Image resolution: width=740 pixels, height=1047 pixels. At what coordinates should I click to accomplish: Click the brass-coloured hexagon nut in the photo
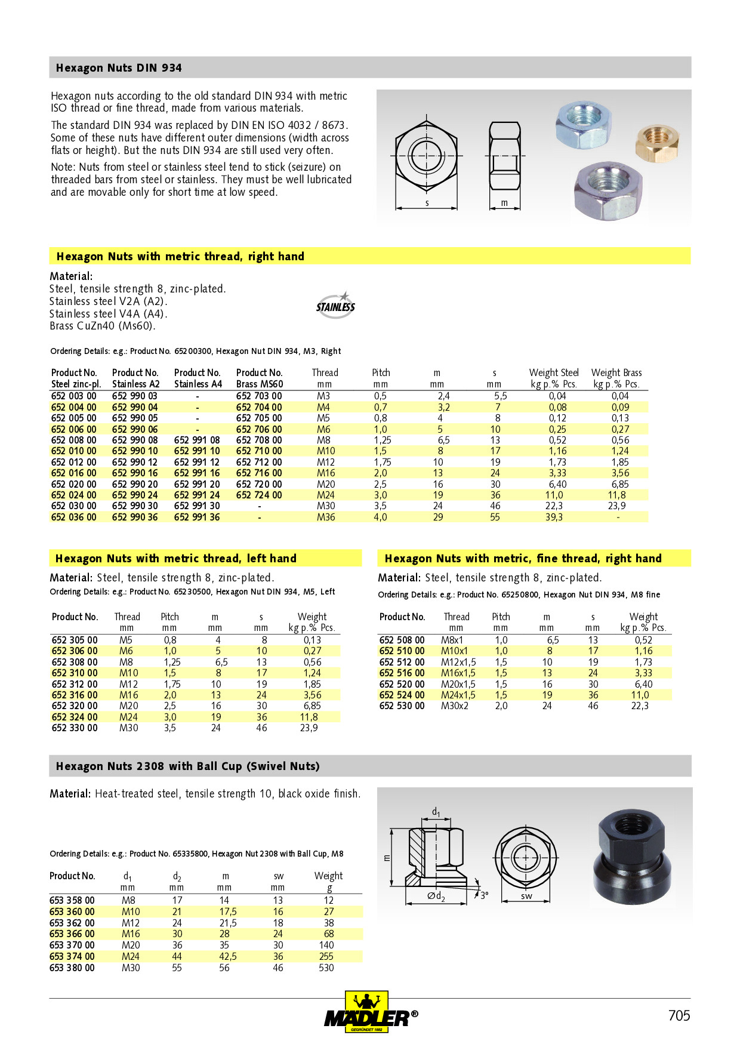(657, 142)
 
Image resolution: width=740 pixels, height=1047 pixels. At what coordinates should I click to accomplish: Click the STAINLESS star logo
(335, 306)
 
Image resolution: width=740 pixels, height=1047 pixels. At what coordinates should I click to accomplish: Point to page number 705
(679, 1015)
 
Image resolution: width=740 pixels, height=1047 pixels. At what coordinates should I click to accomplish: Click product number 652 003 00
(74, 396)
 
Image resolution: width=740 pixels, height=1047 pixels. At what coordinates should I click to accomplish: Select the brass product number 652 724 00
(259, 495)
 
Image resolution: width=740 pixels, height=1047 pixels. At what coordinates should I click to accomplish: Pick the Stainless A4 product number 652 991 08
(197, 440)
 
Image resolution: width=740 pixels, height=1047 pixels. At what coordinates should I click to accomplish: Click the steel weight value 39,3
(554, 517)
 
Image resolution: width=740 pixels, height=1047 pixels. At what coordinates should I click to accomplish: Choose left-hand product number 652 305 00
(75, 640)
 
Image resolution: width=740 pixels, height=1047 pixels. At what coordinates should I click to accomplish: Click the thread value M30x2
(455, 706)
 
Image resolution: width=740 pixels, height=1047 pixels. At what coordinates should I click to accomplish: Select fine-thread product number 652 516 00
(402, 673)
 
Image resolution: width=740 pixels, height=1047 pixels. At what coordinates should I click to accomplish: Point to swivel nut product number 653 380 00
(72, 968)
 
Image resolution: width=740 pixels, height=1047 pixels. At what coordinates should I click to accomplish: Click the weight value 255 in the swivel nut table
(326, 956)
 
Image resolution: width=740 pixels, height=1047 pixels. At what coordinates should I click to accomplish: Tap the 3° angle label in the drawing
(485, 895)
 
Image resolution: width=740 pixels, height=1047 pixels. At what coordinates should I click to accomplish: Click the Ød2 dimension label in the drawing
(436, 896)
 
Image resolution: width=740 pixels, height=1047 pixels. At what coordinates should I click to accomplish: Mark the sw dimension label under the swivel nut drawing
(526, 896)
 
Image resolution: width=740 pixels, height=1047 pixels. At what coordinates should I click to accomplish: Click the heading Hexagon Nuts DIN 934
(119, 68)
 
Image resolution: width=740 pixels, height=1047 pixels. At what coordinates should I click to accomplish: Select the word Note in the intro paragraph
(63, 167)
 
